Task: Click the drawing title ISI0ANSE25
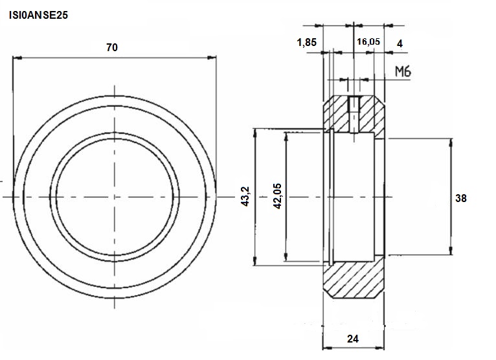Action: [38, 15]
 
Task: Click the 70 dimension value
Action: [112, 47]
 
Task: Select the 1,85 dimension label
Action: [306, 42]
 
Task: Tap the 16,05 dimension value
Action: [368, 41]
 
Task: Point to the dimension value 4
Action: [400, 43]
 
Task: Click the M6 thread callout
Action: [403, 72]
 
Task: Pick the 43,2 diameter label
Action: [245, 197]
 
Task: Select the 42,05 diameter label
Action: [277, 196]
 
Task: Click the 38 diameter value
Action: [460, 198]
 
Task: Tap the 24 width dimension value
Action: [353, 339]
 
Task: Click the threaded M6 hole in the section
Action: [354, 113]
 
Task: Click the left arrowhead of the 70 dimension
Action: [17, 58]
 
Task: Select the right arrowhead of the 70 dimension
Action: [212, 58]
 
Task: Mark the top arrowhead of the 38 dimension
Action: [451, 143]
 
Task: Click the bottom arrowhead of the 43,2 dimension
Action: [254, 261]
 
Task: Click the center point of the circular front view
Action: [115, 197]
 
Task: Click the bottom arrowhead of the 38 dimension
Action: [451, 250]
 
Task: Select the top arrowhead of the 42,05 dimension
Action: [286, 137]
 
